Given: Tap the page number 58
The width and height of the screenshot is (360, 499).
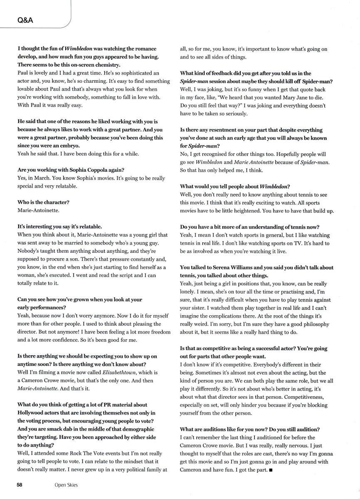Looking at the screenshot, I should point(20,484).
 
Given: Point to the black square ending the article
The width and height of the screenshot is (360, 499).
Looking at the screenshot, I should point(271,470).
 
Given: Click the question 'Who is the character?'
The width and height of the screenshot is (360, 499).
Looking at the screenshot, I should point(43,202).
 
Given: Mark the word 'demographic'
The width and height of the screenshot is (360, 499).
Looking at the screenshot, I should point(136,429).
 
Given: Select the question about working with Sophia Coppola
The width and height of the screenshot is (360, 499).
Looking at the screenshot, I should point(71,170).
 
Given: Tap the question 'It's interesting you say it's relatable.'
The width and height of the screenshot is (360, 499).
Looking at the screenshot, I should point(59,227).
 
